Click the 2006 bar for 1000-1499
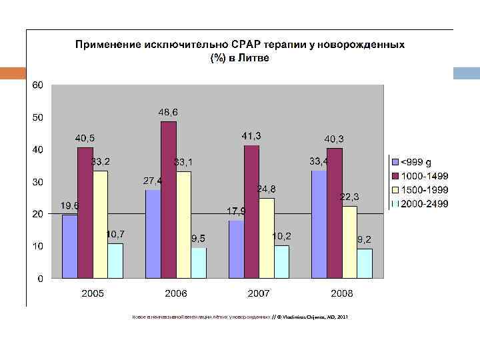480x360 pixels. (169, 199)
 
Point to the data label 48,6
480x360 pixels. (168, 111)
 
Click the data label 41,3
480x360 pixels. (251, 136)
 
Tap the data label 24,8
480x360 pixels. (266, 189)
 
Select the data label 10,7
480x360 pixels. (115, 235)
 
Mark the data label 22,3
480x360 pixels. (349, 197)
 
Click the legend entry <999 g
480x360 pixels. (414, 162)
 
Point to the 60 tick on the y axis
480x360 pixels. (37, 85)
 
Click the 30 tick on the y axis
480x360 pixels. (37, 182)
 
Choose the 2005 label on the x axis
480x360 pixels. (93, 293)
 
